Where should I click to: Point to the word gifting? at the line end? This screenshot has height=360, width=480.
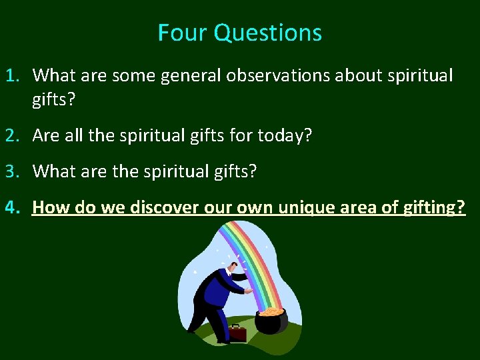click(x=434, y=207)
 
